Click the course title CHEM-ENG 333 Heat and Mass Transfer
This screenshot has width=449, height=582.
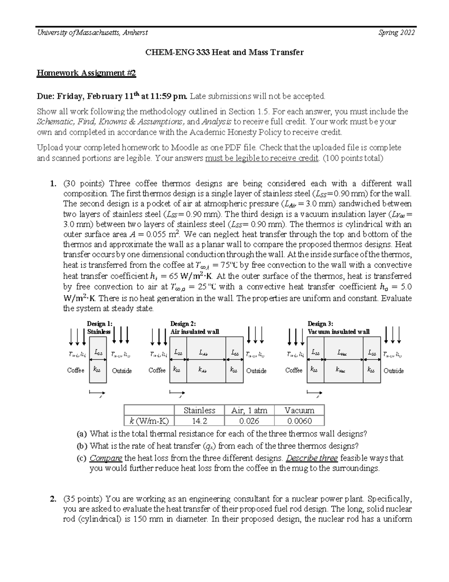click(224, 52)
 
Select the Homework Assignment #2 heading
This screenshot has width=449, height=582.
click(86, 73)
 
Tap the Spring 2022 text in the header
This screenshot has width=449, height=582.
click(396, 33)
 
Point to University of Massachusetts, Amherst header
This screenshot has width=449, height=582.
click(92, 33)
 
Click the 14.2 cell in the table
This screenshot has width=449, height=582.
click(199, 421)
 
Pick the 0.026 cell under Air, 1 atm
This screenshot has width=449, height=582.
click(249, 421)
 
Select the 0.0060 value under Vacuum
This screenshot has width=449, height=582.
click(299, 421)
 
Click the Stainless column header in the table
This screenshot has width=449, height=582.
click(199, 410)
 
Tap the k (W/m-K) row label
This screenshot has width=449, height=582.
click(149, 421)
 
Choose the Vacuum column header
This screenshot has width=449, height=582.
click(299, 410)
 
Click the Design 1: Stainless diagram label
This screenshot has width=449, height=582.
click(99, 328)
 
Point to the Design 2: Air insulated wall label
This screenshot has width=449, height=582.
click(195, 328)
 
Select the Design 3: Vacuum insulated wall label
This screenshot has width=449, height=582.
click(338, 328)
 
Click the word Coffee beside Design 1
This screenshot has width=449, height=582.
click(76, 370)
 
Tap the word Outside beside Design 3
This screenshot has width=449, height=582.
click(394, 371)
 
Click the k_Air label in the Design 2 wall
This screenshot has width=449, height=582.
click(202, 370)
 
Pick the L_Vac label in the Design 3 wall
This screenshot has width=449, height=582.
click(341, 353)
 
